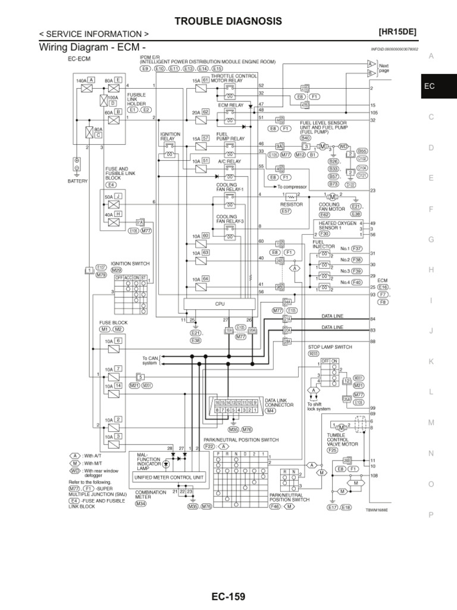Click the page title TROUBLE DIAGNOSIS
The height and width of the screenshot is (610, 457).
[228, 21]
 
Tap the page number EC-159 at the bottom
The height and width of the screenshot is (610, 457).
[228, 596]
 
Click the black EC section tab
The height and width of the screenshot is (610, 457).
[430, 86]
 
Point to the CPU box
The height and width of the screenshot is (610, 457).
[220, 304]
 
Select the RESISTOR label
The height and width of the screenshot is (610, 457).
[292, 204]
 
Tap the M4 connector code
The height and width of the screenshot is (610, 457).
[271, 410]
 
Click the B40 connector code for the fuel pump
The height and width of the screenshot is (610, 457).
[306, 137]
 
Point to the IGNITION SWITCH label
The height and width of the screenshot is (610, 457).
[130, 263]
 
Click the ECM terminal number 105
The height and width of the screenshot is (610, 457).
[374, 112]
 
